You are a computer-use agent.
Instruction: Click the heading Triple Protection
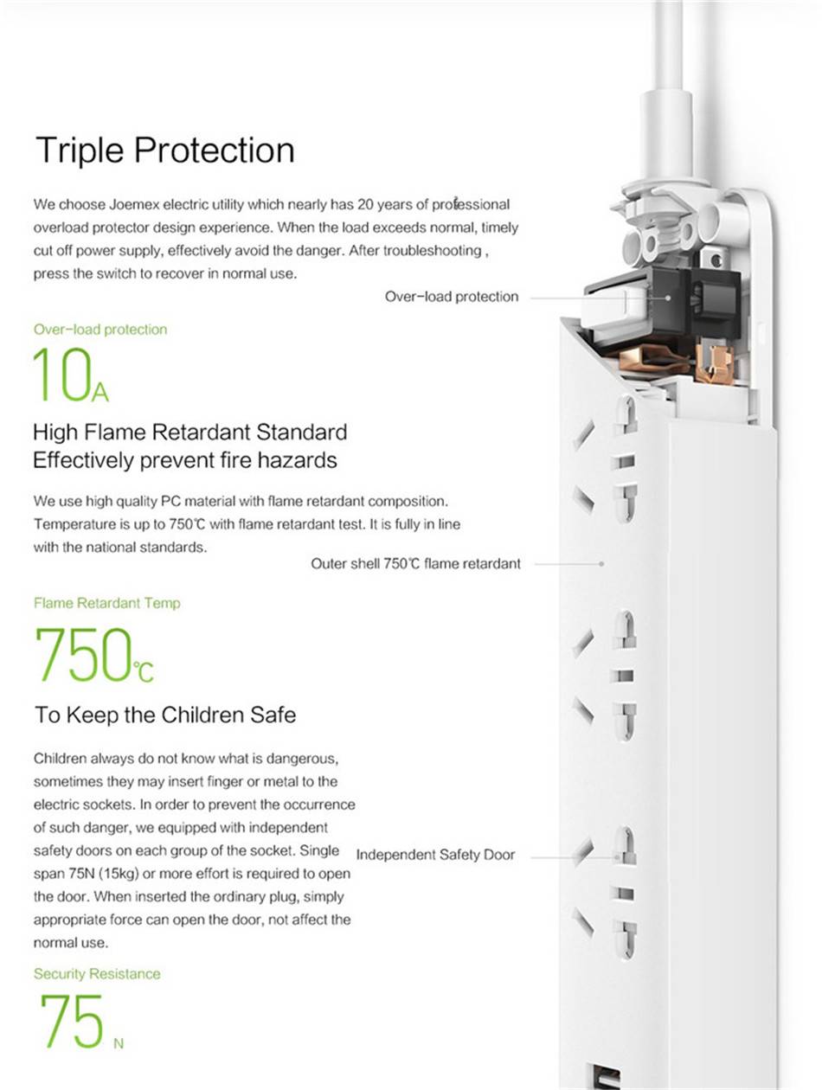(x=164, y=151)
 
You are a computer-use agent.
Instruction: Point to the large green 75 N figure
(x=80, y=1022)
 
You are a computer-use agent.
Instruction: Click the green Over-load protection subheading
(x=100, y=330)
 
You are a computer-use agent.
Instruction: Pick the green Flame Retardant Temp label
(x=107, y=603)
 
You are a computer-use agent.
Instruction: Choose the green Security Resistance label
(x=97, y=974)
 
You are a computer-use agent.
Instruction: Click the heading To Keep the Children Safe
(x=165, y=715)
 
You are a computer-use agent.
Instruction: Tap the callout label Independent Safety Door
(x=435, y=855)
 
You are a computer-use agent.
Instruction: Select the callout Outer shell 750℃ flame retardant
(x=415, y=564)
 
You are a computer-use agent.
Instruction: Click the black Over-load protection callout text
(x=452, y=297)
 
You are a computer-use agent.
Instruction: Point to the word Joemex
(x=132, y=205)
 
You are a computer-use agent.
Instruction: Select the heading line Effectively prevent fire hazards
(x=185, y=460)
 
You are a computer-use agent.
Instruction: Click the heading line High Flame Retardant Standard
(x=189, y=432)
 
